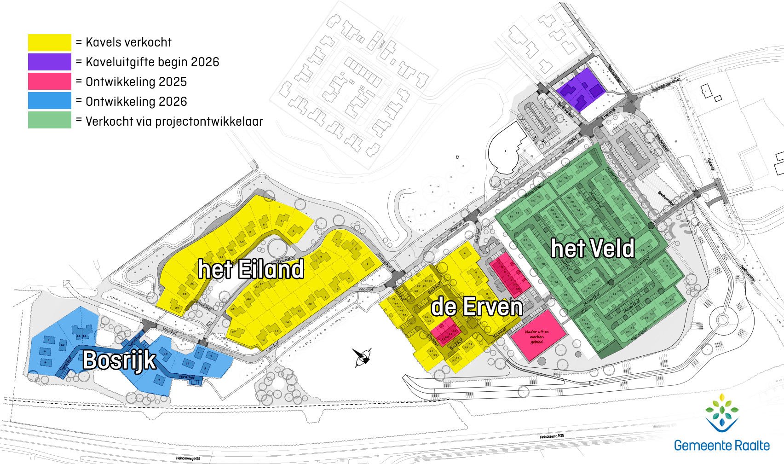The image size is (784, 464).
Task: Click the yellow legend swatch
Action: click(50, 42)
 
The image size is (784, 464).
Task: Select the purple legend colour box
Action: click(50, 62)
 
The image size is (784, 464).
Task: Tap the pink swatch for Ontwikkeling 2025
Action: click(50, 81)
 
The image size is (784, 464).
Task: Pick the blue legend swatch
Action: click(50, 101)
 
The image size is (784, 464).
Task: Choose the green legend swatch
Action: click(50, 120)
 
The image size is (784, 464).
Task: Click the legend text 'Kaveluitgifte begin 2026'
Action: click(152, 62)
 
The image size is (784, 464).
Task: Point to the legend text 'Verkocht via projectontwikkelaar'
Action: click(174, 122)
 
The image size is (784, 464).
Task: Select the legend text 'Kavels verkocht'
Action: click(128, 42)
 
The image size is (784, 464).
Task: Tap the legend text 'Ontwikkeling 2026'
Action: click(136, 102)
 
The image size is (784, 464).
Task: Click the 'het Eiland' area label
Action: click(251, 269)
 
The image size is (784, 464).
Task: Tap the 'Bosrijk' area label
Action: click(119, 360)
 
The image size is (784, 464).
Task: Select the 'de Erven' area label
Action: click(477, 307)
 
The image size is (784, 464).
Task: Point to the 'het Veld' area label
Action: click(593, 249)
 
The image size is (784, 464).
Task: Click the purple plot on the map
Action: click(580, 89)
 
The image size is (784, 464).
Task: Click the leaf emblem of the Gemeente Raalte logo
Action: click(721, 412)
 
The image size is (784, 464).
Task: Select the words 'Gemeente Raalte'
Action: click(721, 446)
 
